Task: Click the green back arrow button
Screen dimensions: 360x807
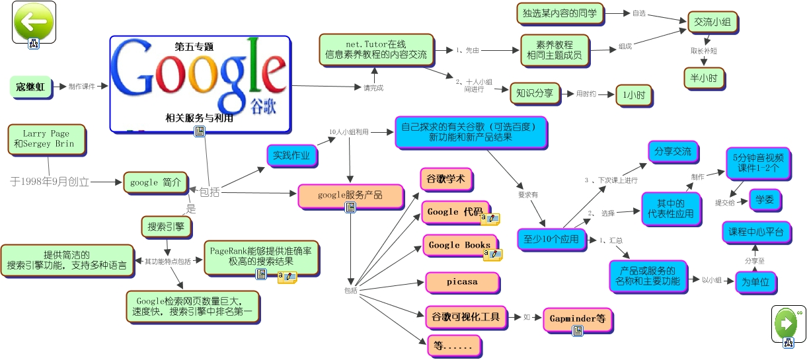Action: click(33, 21)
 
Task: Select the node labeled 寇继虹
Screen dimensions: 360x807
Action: click(31, 87)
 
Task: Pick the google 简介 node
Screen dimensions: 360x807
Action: click(155, 182)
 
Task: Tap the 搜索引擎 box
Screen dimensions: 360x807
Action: click(166, 227)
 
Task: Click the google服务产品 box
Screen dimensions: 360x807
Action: click(350, 195)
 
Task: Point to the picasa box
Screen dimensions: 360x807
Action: click(461, 281)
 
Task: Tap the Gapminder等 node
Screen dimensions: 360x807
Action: click(577, 318)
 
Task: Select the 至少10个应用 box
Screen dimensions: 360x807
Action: click(551, 239)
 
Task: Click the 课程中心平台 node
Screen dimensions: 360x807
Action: click(755, 232)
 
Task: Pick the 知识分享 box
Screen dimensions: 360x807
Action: click(535, 93)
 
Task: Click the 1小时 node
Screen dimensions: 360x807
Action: click(633, 95)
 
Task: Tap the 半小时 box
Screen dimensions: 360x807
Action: click(704, 77)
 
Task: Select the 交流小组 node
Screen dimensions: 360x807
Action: click(712, 22)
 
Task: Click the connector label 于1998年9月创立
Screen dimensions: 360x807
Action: click(50, 181)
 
